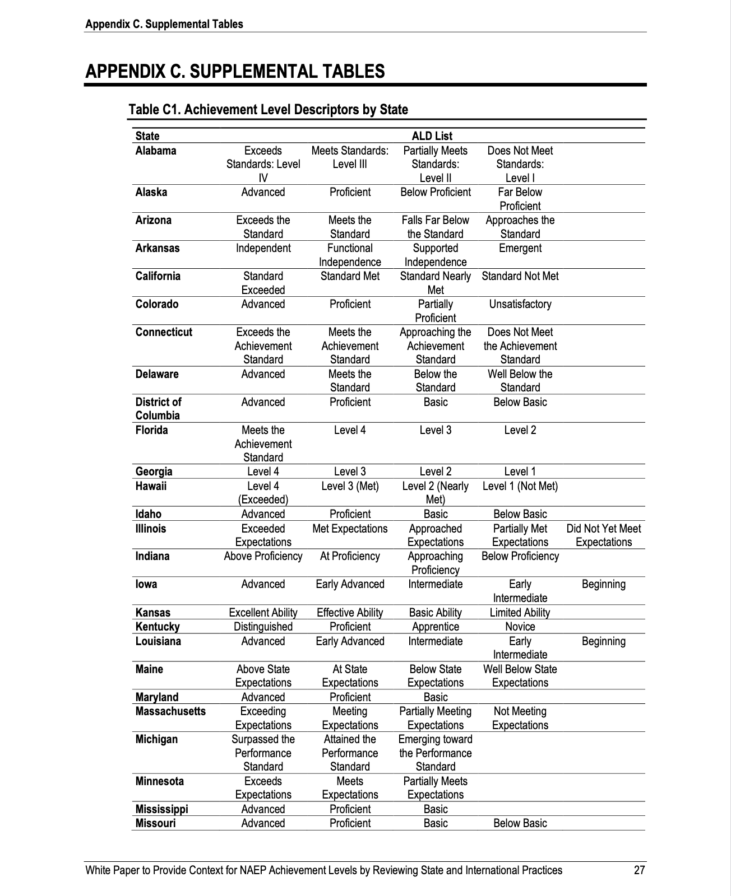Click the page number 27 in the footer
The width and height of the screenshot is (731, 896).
coord(639,870)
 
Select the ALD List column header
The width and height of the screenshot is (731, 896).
coord(432,136)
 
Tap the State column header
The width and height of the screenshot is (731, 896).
coord(147,136)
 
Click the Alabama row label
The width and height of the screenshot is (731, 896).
coord(156,151)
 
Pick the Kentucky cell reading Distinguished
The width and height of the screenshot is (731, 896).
coord(263,627)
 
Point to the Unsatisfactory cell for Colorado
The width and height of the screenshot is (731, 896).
coord(520,304)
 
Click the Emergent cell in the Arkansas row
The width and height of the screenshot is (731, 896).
coord(520,248)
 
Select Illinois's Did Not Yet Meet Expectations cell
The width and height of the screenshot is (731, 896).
coord(604,535)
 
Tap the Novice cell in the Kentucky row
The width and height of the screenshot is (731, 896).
coord(520,627)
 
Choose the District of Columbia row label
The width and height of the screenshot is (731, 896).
coord(158,409)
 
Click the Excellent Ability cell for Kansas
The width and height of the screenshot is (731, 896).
coord(263,613)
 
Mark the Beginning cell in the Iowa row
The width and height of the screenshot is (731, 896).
coord(604,584)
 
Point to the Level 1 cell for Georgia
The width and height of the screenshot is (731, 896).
coord(520,472)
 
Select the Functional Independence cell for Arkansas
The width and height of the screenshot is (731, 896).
coord(350,255)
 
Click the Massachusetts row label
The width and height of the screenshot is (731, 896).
coord(170,711)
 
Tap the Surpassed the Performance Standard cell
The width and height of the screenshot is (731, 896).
coord(263,753)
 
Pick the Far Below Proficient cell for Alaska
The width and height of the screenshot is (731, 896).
coord(520,199)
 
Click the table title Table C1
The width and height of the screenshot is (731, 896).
coord(268,109)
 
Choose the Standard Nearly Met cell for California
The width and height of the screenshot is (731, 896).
coord(435,283)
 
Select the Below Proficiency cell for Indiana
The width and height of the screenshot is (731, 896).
coord(520,556)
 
